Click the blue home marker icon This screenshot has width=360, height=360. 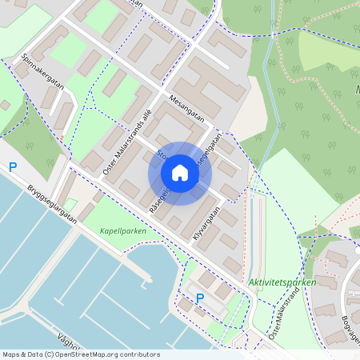pos(180,173)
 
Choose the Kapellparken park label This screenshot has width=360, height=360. pos(123,230)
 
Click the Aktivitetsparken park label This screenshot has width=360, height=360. pos(282,282)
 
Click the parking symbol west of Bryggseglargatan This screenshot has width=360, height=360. pos(13,167)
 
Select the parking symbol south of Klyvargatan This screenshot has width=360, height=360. pos(200,298)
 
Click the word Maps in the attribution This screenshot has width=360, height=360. pos(10,354)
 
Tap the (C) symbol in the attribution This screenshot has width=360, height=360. pos(50,354)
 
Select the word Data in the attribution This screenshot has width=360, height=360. pos(34,354)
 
